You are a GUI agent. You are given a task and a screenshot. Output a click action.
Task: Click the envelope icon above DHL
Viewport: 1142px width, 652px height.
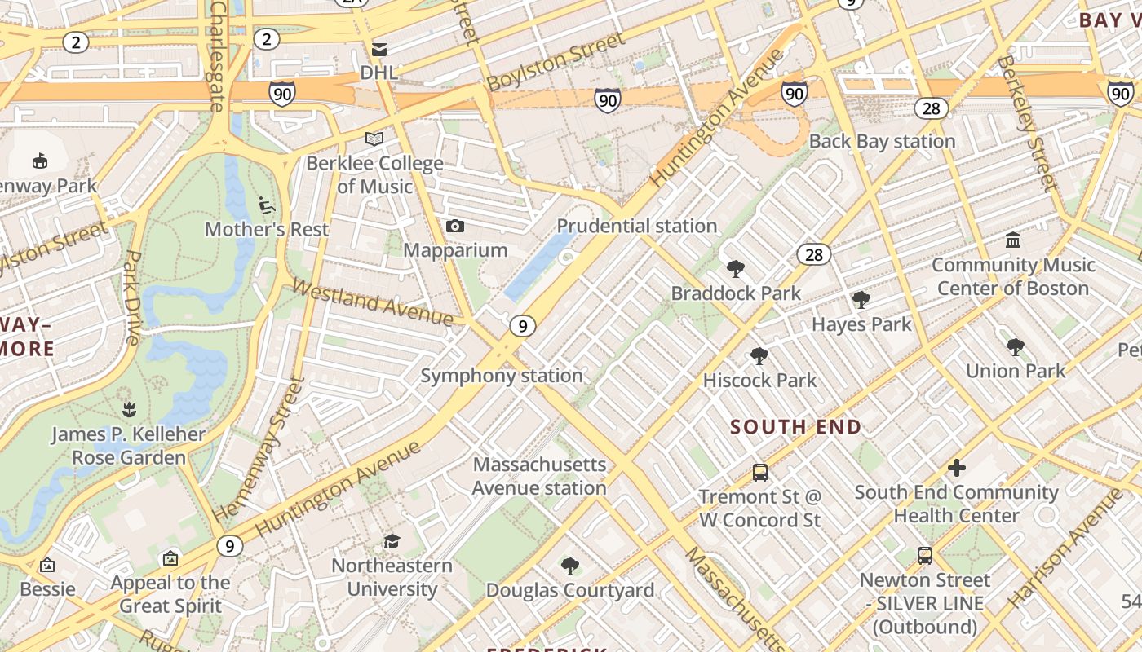pyautogui.click(x=379, y=50)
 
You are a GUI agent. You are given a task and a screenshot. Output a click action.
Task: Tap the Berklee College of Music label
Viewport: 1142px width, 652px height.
pyautogui.click(x=375, y=174)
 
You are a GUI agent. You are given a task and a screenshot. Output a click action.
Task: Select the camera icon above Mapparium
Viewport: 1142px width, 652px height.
pyautogui.click(x=455, y=226)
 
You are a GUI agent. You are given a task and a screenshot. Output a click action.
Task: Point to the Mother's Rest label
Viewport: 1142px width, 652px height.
pyautogui.click(x=267, y=229)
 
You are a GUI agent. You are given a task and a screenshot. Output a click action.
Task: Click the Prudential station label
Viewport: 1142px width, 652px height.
pyautogui.click(x=637, y=226)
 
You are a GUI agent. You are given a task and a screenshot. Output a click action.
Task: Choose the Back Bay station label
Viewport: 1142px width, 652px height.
pyautogui.click(x=882, y=141)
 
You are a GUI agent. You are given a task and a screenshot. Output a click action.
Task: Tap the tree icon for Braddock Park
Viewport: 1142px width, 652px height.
pyautogui.click(x=736, y=268)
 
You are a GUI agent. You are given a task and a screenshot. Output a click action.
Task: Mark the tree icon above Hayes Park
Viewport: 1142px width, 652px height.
pyautogui.click(x=861, y=300)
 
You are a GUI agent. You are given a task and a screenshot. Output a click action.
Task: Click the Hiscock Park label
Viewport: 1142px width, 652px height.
pyautogui.click(x=759, y=380)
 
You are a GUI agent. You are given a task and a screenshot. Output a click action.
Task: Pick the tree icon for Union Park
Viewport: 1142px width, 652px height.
pyautogui.click(x=1015, y=347)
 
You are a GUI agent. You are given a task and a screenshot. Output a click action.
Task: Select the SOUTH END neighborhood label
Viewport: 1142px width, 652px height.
pyautogui.click(x=795, y=427)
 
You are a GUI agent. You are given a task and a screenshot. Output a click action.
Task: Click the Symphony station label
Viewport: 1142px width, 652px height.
pyautogui.click(x=502, y=376)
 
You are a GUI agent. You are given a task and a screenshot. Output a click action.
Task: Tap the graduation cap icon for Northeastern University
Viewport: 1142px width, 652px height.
pyautogui.click(x=392, y=541)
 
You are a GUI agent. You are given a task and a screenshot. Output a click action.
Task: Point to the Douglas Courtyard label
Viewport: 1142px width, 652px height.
pyautogui.click(x=570, y=590)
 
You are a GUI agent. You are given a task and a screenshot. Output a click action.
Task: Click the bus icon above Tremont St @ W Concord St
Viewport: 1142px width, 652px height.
pyautogui.click(x=759, y=472)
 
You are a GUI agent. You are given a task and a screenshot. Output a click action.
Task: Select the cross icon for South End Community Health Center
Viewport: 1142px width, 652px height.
pyautogui.click(x=956, y=468)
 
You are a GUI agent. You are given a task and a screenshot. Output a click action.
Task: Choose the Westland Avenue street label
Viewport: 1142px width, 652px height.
pyautogui.click(x=372, y=303)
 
